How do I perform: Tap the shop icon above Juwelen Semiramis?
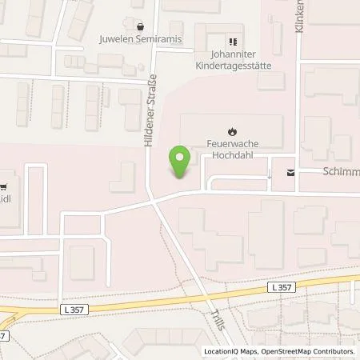tap(141, 26)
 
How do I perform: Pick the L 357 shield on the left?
tap(71, 308)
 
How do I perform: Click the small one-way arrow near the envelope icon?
tap(270, 172)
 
